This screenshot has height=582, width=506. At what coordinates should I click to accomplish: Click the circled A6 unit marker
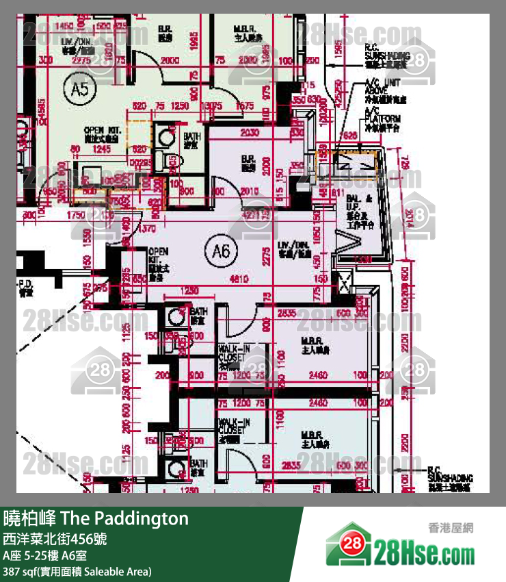222,252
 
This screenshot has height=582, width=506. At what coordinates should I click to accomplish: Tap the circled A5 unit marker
80,87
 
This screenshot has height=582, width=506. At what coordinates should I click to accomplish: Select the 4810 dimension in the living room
239,279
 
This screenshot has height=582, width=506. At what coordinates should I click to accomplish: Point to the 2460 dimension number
319,376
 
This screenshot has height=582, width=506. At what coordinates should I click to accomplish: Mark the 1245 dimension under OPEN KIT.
102,148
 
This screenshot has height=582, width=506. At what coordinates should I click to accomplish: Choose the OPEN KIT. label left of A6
158,264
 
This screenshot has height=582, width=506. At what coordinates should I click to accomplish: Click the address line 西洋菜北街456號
55,539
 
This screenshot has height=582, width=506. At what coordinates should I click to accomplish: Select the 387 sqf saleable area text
77,571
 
